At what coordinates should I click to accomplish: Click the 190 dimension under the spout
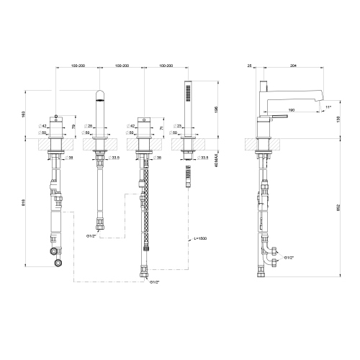click(x=291, y=110)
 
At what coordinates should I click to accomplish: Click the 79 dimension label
click(x=75, y=127)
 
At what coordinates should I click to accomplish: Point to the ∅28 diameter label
click(x=89, y=125)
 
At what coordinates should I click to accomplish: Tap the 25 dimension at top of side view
click(x=248, y=66)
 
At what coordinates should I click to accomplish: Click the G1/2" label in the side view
click(x=289, y=257)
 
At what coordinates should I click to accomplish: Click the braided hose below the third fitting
click(x=147, y=216)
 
